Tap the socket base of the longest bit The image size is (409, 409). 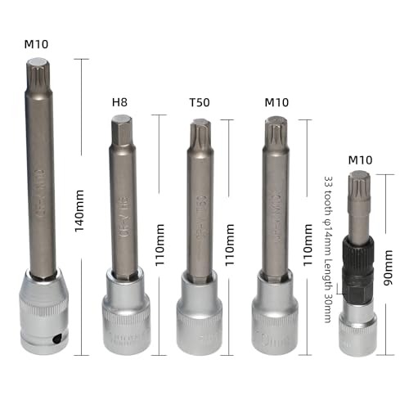point(46,315)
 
